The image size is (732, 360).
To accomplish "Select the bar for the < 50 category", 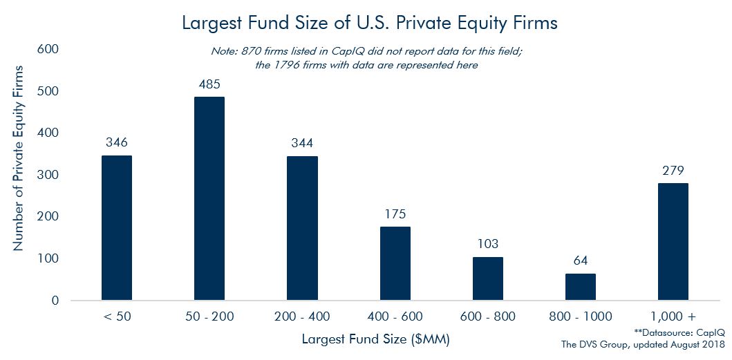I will (x=116, y=228).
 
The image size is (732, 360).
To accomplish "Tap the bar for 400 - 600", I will (x=395, y=263).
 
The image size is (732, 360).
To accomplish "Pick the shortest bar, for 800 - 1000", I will (x=581, y=287).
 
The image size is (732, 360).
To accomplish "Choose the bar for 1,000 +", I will (x=673, y=242).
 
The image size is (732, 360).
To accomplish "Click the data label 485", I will (x=209, y=84).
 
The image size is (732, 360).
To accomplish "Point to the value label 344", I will (x=302, y=144).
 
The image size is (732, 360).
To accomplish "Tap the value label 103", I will (x=487, y=245).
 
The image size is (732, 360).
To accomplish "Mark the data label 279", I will (x=673, y=171).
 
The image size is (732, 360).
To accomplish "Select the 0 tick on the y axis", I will (x=55, y=301).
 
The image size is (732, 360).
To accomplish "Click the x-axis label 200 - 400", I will (x=302, y=316).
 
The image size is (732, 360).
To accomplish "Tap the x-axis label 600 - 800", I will (x=487, y=316).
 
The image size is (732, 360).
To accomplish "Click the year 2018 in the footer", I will (x=711, y=344).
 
